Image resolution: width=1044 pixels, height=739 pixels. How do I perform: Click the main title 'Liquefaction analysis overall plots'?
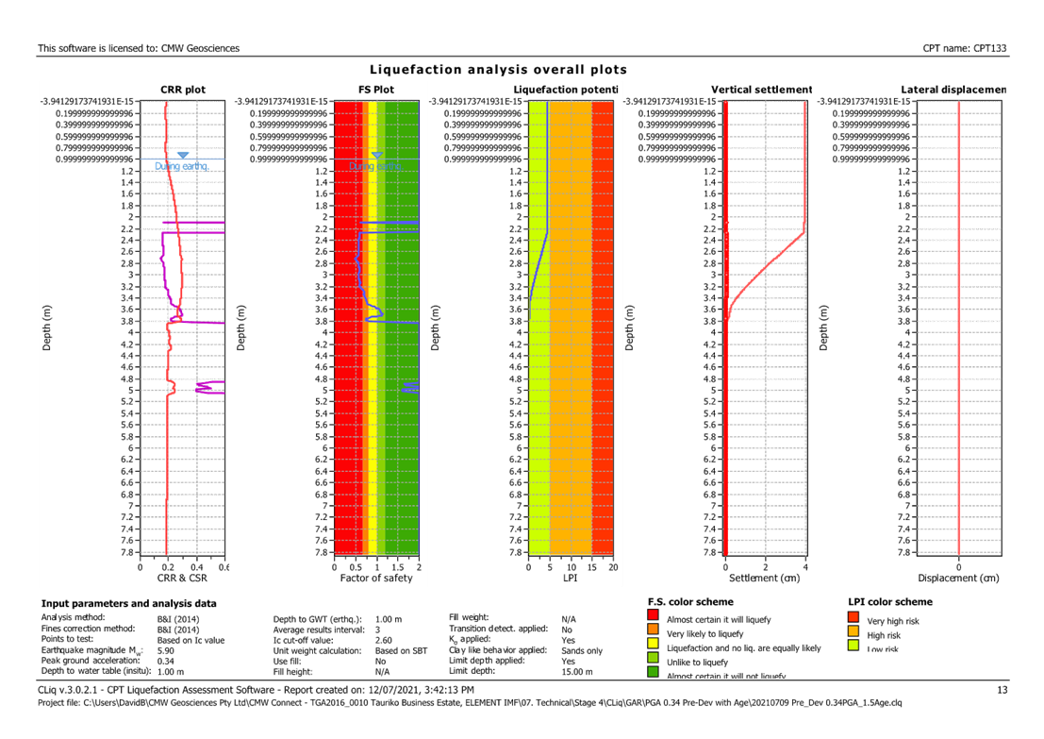pos(498,70)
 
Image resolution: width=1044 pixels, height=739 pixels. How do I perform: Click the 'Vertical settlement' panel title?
pos(761,90)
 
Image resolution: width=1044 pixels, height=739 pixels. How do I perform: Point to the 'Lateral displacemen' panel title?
pos(953,90)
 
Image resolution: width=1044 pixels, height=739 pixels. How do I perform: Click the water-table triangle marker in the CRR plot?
pos(183,155)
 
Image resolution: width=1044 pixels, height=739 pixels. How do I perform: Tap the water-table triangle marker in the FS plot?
pos(376,155)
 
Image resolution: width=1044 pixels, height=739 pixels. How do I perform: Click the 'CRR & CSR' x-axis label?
pos(181,578)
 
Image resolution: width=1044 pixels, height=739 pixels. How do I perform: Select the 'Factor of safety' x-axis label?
pos(375,578)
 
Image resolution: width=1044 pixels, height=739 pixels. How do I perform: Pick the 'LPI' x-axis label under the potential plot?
pos(570,578)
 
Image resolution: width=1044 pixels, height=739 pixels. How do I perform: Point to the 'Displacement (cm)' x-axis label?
pos(958,578)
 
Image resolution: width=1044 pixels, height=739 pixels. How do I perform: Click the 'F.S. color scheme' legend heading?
pos(691,601)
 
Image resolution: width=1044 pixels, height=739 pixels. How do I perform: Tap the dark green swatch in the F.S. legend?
pos(653,672)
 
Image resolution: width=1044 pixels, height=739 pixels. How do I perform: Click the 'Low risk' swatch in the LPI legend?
pos(853,647)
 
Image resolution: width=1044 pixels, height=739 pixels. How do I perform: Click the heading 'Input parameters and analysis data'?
pos(128,602)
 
